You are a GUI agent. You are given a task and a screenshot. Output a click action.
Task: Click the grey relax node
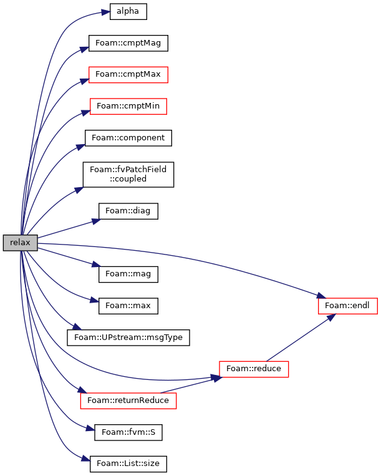[21, 243]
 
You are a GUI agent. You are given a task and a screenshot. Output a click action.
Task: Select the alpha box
[128, 11]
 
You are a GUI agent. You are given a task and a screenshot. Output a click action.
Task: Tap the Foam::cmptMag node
[128, 43]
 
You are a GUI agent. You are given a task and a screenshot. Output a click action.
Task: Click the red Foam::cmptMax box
[128, 75]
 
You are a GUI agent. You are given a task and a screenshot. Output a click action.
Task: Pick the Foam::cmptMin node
[128, 106]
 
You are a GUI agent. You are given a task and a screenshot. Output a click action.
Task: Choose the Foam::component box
[128, 138]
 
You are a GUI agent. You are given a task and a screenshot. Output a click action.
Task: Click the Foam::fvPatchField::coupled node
[128, 174]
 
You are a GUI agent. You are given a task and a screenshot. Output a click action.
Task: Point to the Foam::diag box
[128, 211]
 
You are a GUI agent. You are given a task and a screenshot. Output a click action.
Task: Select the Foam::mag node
[128, 274]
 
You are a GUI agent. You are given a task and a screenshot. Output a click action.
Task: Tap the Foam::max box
[128, 306]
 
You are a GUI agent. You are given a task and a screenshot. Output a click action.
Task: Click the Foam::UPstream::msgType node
[128, 338]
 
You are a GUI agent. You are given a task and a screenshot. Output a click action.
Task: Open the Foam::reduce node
[254, 369]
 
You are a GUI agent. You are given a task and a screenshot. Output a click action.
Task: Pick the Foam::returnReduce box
[128, 401]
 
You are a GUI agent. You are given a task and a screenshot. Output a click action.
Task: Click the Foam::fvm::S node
[128, 432]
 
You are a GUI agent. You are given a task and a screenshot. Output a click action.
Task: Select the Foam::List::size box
[128, 464]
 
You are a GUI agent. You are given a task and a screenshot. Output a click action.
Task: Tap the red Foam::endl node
[347, 306]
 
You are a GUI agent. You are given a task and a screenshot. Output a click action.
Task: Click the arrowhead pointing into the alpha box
[105, 12]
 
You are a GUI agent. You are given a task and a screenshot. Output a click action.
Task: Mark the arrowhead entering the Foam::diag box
[97, 221]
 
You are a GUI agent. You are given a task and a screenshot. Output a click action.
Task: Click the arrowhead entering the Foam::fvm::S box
[90, 429]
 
